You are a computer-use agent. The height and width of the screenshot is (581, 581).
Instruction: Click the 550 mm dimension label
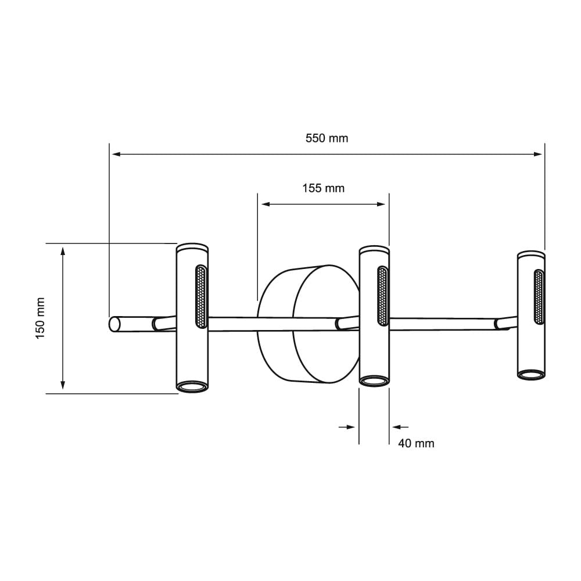(x=327, y=138)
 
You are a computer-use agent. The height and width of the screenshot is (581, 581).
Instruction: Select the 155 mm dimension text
(x=323, y=188)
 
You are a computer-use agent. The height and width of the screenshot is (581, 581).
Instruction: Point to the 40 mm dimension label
(x=416, y=443)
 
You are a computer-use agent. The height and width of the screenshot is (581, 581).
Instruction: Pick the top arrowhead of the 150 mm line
(x=63, y=250)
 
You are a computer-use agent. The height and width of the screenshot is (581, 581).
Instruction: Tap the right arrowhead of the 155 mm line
(x=382, y=204)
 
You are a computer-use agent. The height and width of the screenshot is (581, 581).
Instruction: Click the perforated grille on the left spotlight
(x=200, y=296)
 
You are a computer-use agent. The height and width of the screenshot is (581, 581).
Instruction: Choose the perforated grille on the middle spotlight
(x=383, y=295)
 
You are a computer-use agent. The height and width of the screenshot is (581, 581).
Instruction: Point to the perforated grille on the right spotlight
(x=539, y=297)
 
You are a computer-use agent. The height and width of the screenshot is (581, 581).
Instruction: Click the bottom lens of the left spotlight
(x=192, y=386)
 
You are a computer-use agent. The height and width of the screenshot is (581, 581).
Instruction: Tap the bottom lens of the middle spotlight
(x=374, y=381)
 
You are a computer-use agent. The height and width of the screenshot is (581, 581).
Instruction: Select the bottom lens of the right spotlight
(x=531, y=375)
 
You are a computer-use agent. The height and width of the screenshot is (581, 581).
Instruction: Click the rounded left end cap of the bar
(x=113, y=324)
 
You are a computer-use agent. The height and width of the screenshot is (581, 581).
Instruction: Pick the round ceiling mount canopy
(x=308, y=324)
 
